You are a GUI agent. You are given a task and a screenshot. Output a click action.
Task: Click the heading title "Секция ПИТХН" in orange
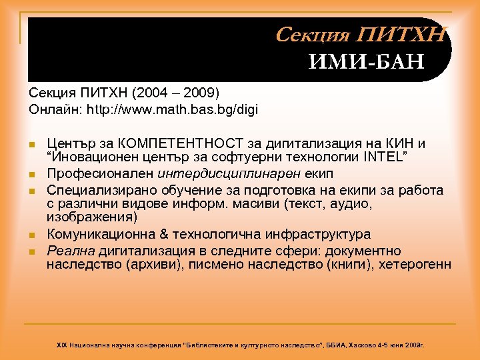coord(360,35)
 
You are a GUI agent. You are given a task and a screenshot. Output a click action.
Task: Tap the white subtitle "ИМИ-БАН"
coord(367,63)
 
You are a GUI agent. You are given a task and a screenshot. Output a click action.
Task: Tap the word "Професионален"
coord(101,173)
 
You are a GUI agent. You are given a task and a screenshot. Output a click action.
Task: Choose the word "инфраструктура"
coord(315,235)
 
